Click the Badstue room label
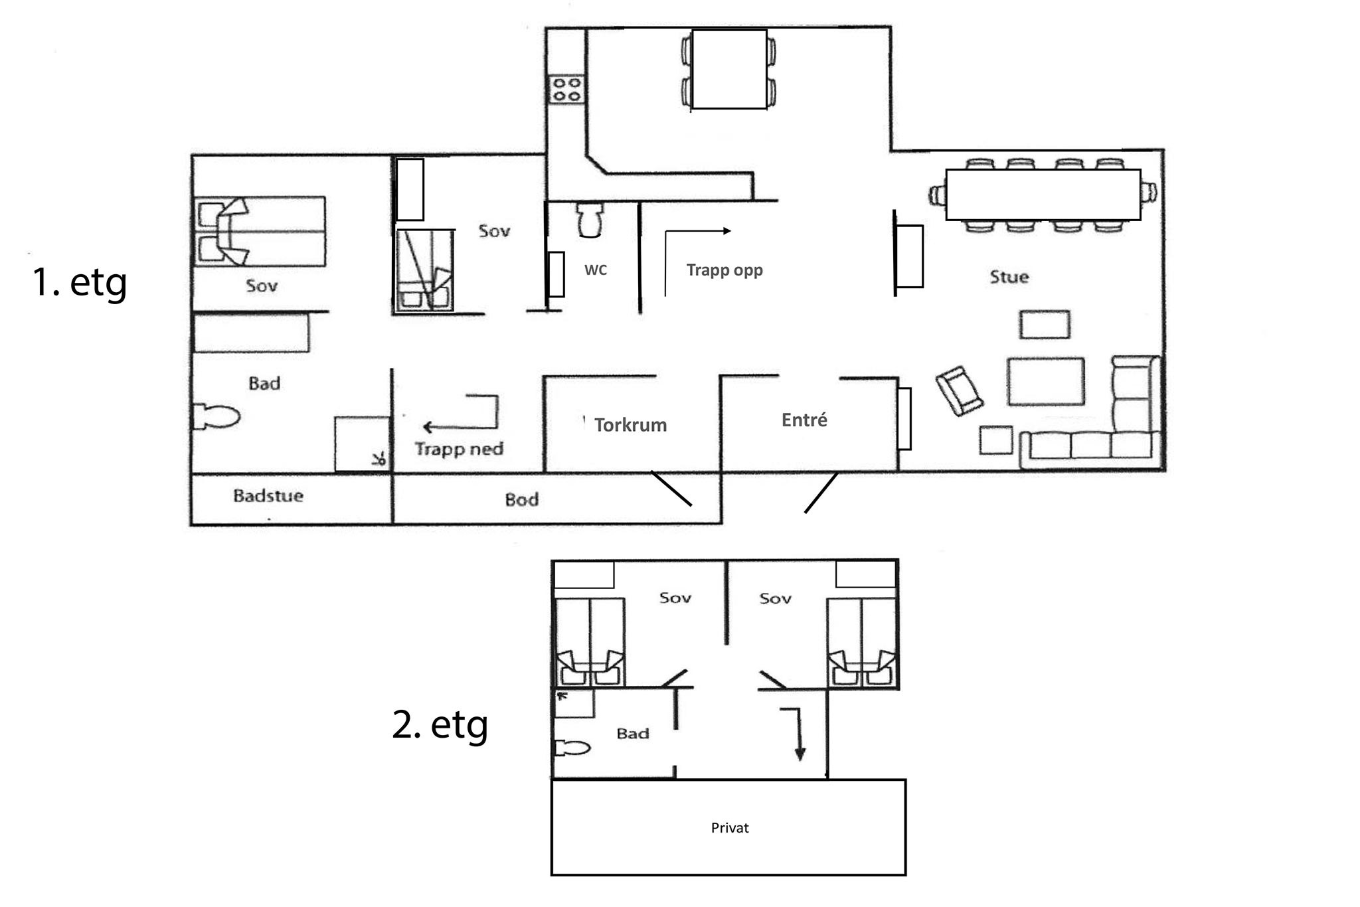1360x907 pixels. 268,496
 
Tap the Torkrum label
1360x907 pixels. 630,425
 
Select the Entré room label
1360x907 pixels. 804,420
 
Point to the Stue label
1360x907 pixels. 1009,277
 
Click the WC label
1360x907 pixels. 596,270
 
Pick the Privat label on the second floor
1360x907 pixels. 730,828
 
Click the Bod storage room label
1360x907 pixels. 521,499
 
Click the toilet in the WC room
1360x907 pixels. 590,220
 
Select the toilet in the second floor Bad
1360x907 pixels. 572,748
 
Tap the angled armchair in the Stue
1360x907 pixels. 960,391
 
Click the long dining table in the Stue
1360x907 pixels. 1043,195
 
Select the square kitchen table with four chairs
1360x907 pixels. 729,69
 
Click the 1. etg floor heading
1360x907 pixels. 80,282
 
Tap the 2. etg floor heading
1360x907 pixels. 440,724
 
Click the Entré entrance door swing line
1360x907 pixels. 821,493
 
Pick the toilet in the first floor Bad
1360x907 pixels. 216,417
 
